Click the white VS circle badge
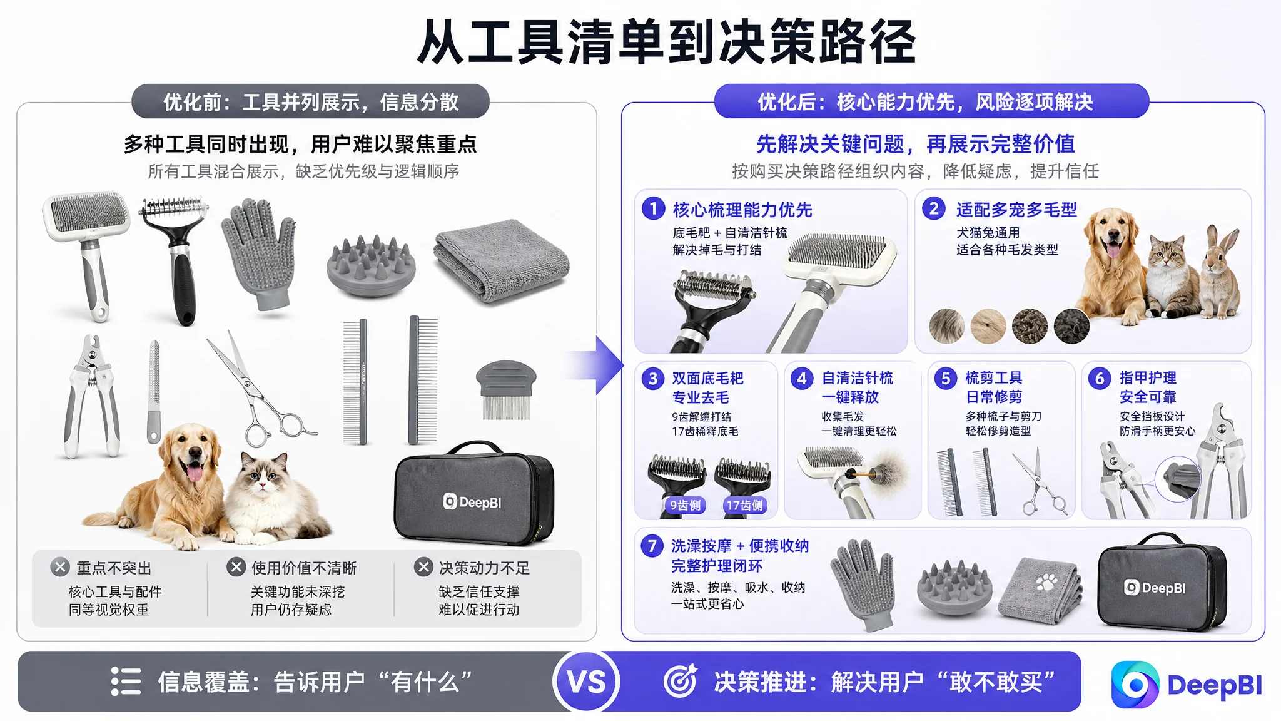(586, 682)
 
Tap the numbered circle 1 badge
(654, 208)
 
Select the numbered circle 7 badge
(652, 546)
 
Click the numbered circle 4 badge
(802, 378)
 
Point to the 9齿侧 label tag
(685, 505)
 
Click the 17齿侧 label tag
(744, 505)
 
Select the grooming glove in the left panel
(259, 253)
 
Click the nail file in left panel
(154, 392)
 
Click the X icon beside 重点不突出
(60, 567)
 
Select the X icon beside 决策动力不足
(423, 567)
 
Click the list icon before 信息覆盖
(126, 681)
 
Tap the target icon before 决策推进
(680, 681)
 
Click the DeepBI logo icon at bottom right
(1135, 684)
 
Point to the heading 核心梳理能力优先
(742, 210)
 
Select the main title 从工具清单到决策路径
(667, 42)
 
